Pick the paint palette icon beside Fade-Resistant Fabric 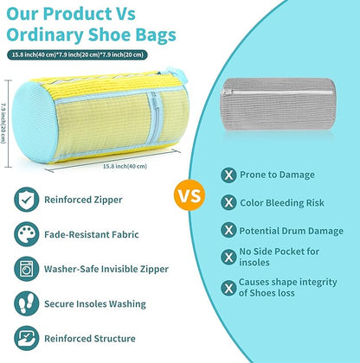coord(26,233)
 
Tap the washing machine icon coord(26,268)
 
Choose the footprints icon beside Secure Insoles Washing coord(26,303)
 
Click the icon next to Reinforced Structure coord(26,338)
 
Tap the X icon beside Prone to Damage coord(228,175)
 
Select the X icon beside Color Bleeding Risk coord(228,202)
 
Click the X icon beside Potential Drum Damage coord(228,230)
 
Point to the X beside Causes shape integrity coord(228,288)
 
